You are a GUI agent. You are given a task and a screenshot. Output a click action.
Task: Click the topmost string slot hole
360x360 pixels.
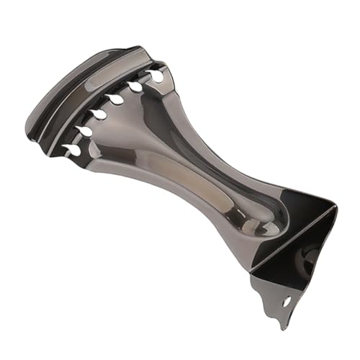[155, 75]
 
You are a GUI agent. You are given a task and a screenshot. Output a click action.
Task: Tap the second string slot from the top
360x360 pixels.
[134, 86]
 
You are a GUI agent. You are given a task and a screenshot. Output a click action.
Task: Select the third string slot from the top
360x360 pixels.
[114, 99]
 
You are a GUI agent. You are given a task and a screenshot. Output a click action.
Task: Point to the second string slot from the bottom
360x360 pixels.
[84, 131]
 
